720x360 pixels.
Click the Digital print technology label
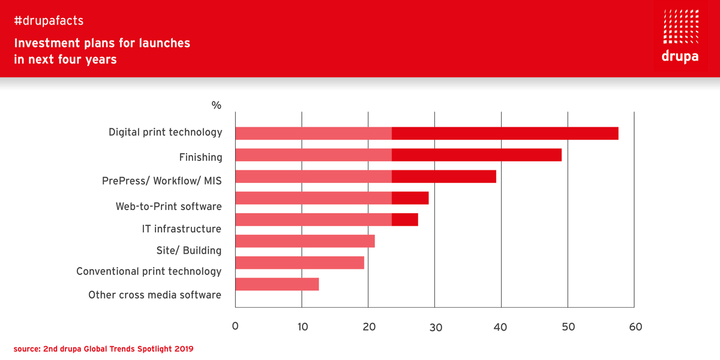[x=165, y=132]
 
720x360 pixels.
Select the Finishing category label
[x=200, y=157]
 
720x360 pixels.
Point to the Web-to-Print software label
[x=169, y=206]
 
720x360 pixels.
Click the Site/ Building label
[x=189, y=250]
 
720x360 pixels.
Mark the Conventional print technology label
[x=149, y=271]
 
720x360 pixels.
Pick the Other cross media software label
[x=155, y=295]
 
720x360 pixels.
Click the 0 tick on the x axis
[x=235, y=327]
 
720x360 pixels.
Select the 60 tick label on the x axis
[x=635, y=327]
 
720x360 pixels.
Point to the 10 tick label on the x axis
[x=302, y=327]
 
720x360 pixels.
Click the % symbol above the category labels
[x=216, y=106]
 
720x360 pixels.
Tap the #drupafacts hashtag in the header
[x=49, y=21]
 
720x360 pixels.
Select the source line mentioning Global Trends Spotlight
[x=104, y=348]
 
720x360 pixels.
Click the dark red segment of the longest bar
[x=505, y=133]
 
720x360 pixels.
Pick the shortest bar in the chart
[x=277, y=284]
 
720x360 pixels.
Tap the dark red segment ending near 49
[x=476, y=155]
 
